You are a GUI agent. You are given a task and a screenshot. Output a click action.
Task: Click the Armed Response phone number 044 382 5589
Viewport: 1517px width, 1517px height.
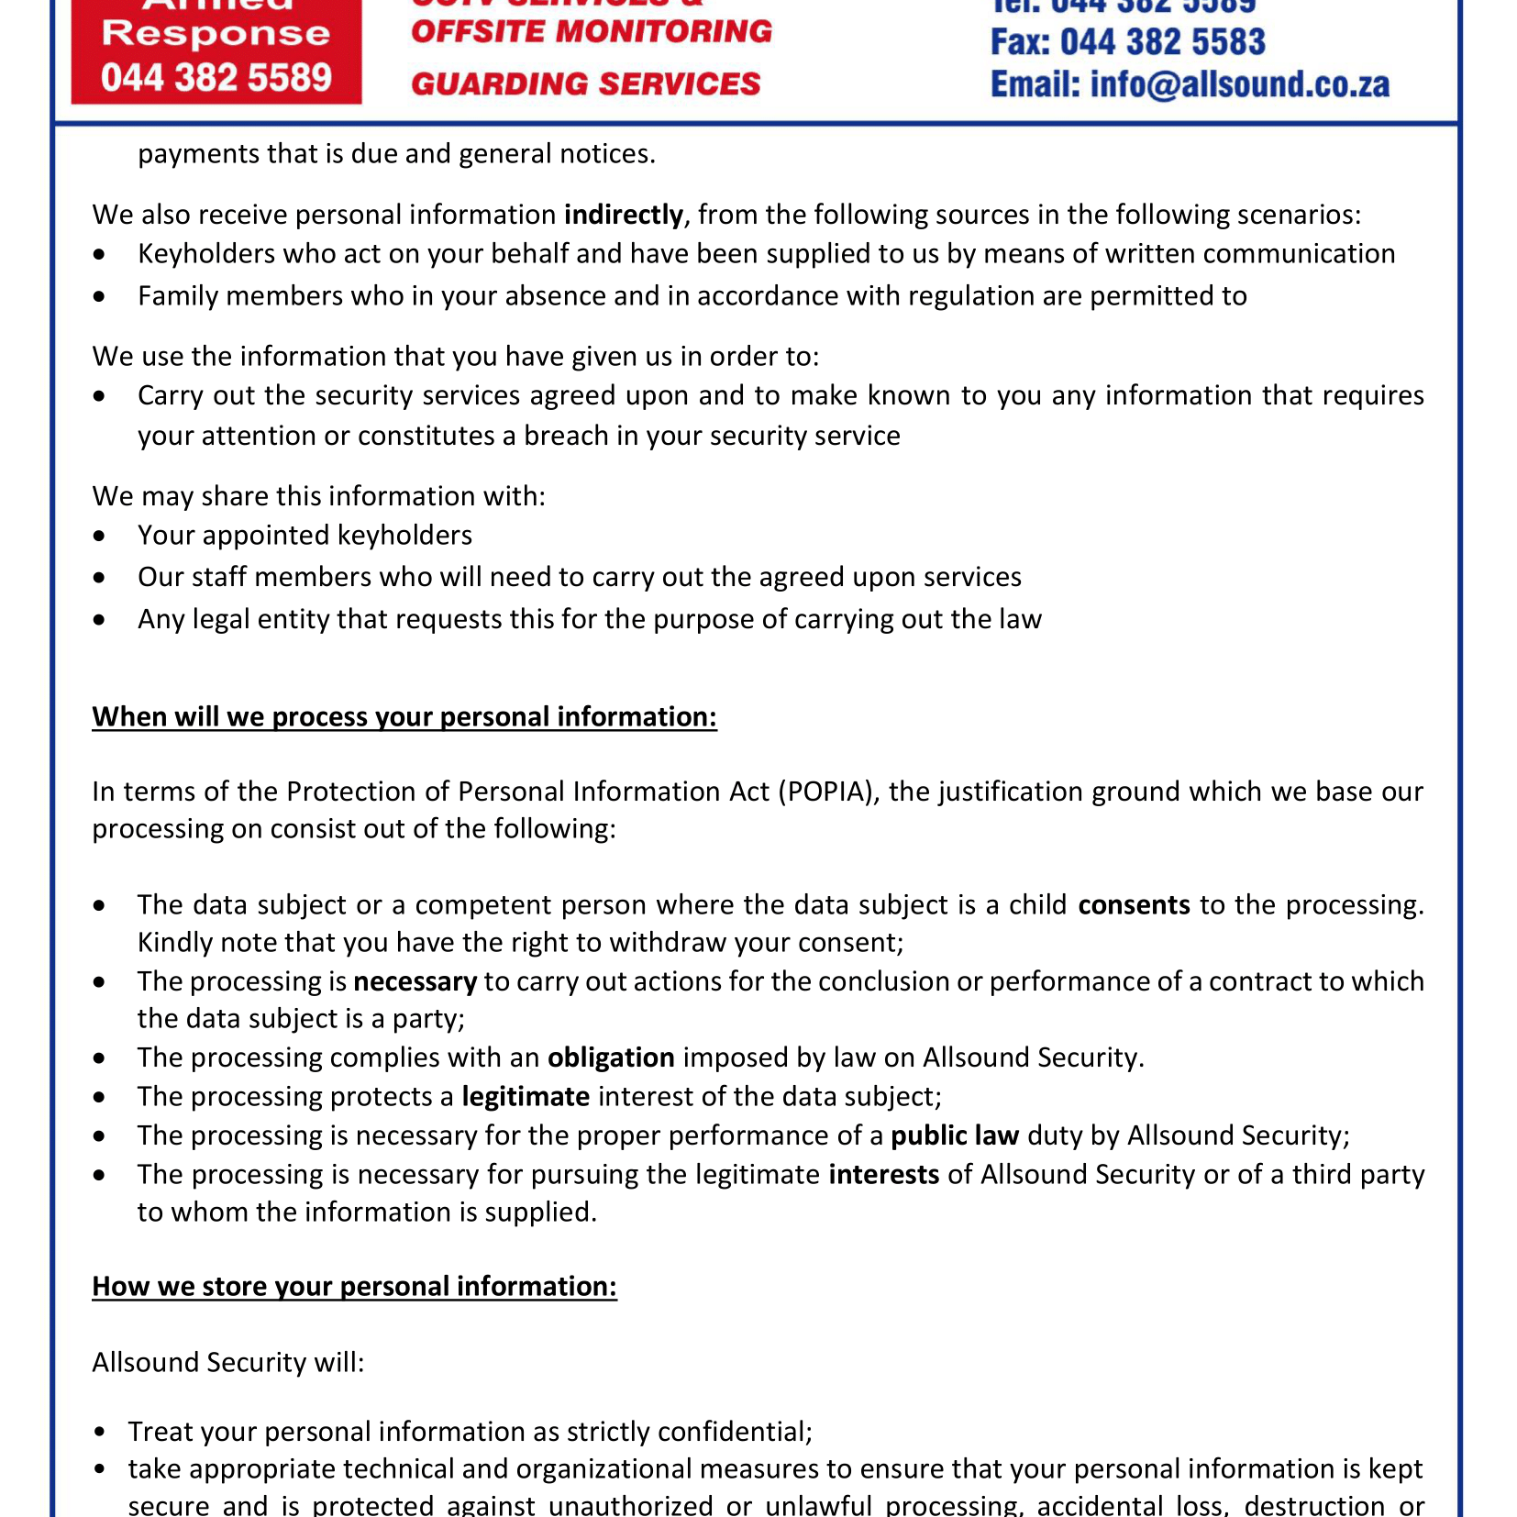216,78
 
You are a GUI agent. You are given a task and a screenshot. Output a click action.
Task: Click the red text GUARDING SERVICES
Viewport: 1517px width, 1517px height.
585,83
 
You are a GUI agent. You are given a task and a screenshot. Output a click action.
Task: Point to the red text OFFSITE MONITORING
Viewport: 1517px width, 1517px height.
592,31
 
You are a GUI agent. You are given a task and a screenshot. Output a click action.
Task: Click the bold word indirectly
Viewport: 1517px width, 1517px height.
623,215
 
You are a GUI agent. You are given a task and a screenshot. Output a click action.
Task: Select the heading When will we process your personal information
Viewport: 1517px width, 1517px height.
404,716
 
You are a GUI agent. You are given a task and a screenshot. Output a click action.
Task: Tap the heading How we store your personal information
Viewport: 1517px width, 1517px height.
354,1286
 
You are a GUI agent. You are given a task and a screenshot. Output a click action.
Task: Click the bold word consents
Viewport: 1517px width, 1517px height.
1134,905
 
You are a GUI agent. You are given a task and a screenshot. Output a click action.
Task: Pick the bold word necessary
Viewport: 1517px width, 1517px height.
415,981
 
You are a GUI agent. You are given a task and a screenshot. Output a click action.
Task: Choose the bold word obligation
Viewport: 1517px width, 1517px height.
611,1057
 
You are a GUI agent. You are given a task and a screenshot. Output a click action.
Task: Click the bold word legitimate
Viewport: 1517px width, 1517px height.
525,1097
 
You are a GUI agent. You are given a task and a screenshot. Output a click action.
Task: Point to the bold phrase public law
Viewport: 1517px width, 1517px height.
955,1135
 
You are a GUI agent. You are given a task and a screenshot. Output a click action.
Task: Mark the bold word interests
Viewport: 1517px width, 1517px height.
883,1175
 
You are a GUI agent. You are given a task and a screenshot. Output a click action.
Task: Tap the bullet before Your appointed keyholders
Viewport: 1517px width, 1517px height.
99,536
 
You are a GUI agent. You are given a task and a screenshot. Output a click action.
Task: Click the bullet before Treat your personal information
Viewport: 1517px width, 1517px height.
99,1432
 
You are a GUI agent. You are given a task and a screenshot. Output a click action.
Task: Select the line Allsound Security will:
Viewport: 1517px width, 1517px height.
227,1362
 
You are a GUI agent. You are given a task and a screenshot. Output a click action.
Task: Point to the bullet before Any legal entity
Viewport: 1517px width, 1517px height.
99,620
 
